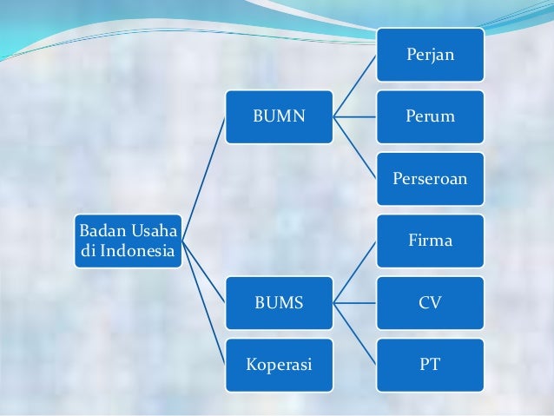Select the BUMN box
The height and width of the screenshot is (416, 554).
click(x=279, y=116)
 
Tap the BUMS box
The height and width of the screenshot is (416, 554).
click(x=279, y=303)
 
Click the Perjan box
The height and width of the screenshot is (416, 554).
click(x=429, y=54)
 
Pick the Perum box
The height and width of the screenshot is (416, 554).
click(x=429, y=116)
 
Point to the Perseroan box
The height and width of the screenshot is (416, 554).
click(x=429, y=179)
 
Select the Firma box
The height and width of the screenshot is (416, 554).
click(x=429, y=241)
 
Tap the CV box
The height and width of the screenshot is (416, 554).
click(x=429, y=303)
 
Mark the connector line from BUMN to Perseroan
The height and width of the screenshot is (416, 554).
click(x=354, y=148)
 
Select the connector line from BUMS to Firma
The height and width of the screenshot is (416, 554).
click(x=354, y=272)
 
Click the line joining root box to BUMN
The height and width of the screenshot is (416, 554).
click(x=204, y=179)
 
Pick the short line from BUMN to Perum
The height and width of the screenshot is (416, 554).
click(x=354, y=116)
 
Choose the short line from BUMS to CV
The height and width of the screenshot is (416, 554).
click(x=354, y=303)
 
